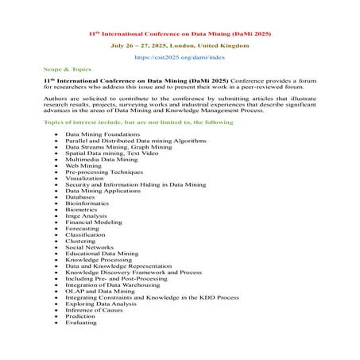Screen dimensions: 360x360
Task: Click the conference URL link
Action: [x=180, y=58]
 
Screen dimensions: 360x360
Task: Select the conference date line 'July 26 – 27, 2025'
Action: [x=180, y=46]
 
